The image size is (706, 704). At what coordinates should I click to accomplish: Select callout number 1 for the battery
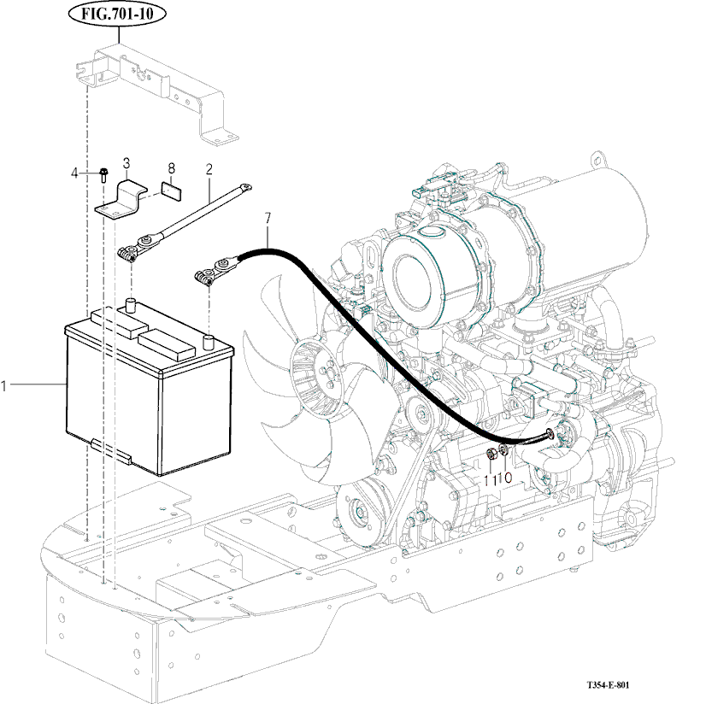pyautogui.click(x=4, y=386)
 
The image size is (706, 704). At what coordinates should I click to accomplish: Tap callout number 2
pyautogui.click(x=209, y=170)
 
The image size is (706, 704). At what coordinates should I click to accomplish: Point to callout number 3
pyautogui.click(x=126, y=162)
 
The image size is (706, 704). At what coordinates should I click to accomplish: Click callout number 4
pyautogui.click(x=74, y=173)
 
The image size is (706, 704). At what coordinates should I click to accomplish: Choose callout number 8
pyautogui.click(x=171, y=169)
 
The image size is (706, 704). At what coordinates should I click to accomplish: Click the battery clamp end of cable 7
pyautogui.click(x=205, y=276)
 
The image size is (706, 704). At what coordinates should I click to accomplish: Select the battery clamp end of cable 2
pyautogui.click(x=129, y=254)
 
